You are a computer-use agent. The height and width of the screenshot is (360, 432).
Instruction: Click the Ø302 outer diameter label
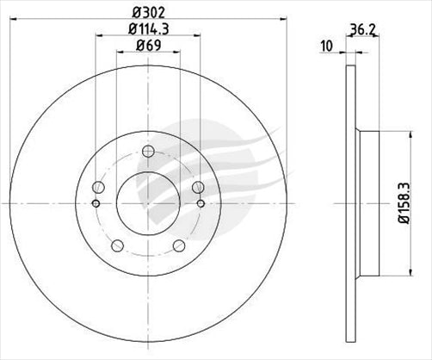pos(147,13)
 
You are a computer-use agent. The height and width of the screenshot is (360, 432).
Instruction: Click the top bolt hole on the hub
pos(146,153)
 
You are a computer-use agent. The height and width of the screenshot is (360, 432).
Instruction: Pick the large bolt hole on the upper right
pos(198,187)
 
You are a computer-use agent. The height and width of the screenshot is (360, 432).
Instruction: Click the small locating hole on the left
pos(96,204)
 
